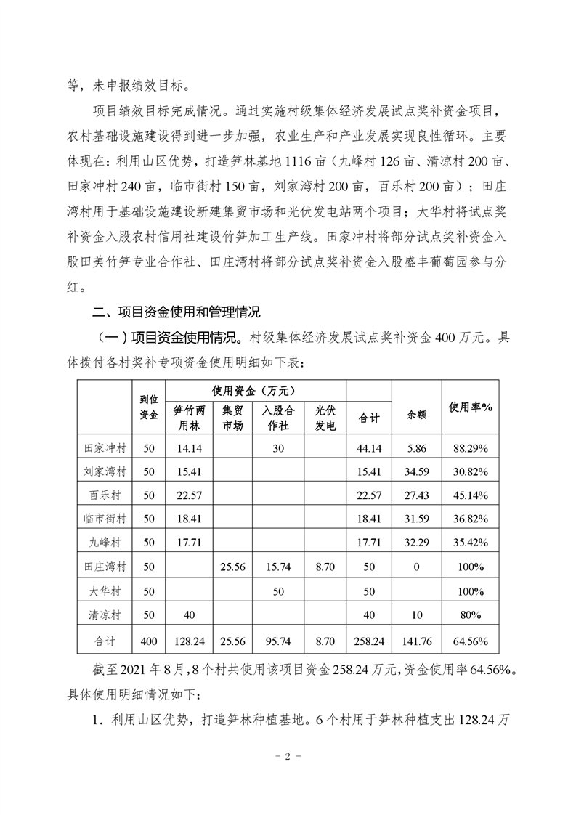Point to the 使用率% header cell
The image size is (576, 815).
[472, 408]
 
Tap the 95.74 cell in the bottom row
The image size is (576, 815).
[278, 642]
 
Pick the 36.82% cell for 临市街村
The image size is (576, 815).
[472, 519]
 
